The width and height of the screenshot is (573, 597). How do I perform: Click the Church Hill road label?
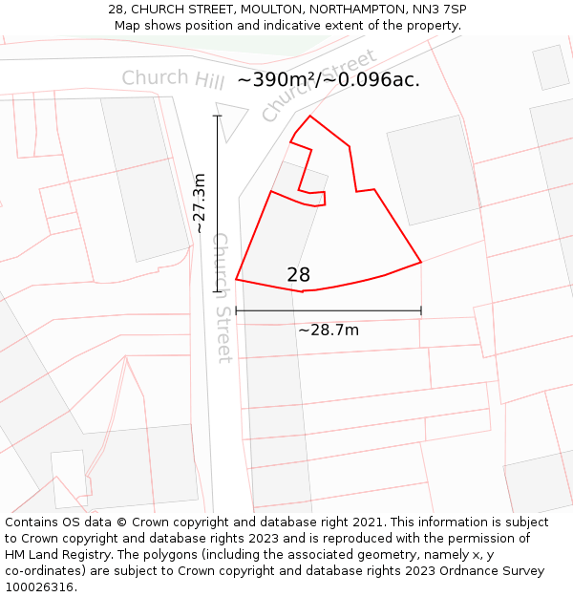(173, 79)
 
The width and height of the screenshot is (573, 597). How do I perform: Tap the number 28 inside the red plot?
(299, 275)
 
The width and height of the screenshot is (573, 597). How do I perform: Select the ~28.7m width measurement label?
(329, 330)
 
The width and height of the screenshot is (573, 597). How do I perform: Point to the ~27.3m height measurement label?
(200, 203)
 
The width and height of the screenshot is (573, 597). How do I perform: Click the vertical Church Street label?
(222, 297)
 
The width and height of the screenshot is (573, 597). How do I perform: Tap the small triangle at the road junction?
(229, 117)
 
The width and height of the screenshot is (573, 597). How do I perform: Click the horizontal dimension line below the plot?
(329, 310)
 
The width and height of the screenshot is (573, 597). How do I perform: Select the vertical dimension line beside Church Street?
(218, 203)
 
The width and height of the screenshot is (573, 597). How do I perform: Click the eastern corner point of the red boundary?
(421, 262)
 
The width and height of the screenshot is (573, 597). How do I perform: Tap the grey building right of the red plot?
(433, 170)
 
